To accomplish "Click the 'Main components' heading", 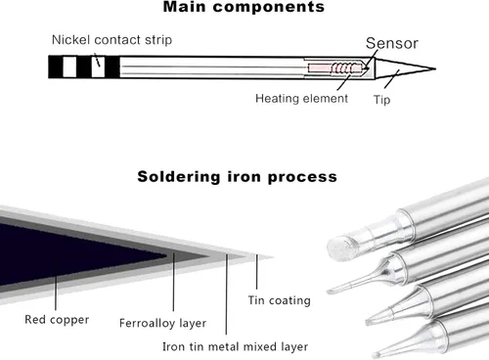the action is (244, 7).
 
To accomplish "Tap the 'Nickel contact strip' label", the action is (111, 40).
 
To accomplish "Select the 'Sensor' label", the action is (392, 43).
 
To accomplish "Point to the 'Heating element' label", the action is (301, 98).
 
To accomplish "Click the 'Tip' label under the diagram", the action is (381, 100).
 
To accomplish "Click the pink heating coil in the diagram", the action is (334, 68).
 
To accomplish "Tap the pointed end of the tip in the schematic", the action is (435, 68).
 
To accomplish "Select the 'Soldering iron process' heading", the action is (237, 177).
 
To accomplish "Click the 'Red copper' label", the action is (57, 320).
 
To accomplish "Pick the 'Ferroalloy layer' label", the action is (162, 323).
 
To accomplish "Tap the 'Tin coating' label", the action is (280, 300).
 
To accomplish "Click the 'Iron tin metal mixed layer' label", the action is (235, 346).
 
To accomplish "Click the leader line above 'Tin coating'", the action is (256, 272).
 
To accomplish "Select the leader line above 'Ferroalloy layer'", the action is (173, 282).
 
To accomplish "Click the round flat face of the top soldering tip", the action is (340, 248).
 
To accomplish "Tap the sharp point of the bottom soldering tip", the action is (375, 355).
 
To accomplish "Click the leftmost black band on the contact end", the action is (56, 67).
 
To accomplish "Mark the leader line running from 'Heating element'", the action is (344, 82).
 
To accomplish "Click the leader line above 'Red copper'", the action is (56, 282).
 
